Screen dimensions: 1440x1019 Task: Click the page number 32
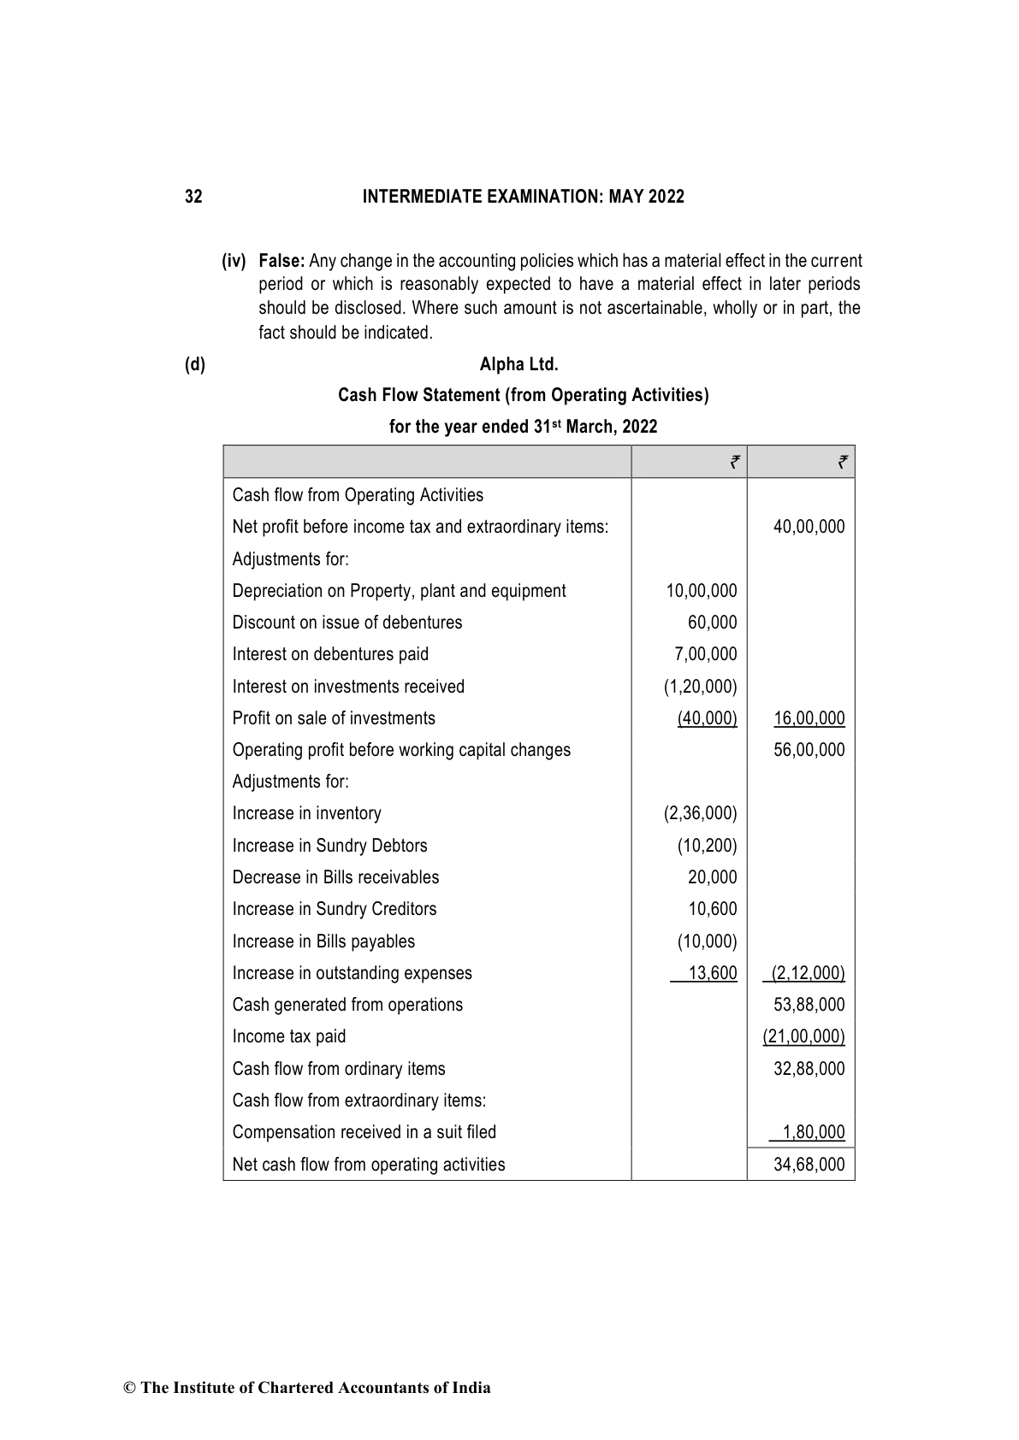pyautogui.click(x=193, y=197)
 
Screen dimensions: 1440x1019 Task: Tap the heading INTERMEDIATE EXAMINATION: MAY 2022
pyautogui.click(x=523, y=197)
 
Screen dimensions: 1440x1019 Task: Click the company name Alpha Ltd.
pyautogui.click(x=518, y=364)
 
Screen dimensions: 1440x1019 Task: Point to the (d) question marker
pyautogui.click(x=195, y=364)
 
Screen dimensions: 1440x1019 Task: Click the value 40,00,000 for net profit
pyautogui.click(x=809, y=527)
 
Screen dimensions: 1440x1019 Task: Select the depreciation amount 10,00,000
pyautogui.click(x=701, y=591)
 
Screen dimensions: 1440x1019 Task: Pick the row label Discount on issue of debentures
pyautogui.click(x=347, y=623)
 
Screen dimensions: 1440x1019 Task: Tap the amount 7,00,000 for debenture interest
pyautogui.click(x=705, y=654)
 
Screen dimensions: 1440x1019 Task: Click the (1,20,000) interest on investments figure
pyautogui.click(x=700, y=687)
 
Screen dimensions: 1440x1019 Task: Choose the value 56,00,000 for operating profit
pyautogui.click(x=809, y=750)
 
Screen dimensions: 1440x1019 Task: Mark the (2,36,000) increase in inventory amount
pyautogui.click(x=700, y=813)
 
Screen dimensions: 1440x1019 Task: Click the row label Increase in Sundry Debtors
pyautogui.click(x=329, y=846)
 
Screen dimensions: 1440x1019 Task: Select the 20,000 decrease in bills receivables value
pyautogui.click(x=712, y=877)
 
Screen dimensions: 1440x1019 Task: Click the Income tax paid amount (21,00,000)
pyautogui.click(x=803, y=1036)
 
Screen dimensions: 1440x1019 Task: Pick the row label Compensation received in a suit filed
pyautogui.click(x=364, y=1132)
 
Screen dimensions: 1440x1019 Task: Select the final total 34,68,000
pyautogui.click(x=809, y=1165)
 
